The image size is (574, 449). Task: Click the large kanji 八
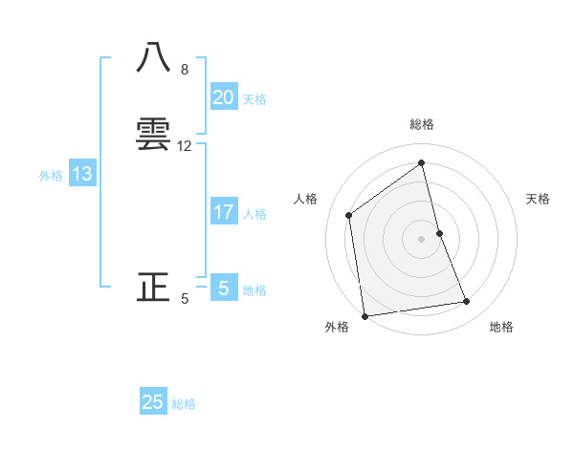click(x=154, y=60)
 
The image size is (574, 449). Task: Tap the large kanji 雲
click(x=154, y=135)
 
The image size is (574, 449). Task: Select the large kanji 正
click(x=154, y=287)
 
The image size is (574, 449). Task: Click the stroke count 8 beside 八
click(x=185, y=70)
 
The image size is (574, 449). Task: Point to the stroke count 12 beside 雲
click(x=185, y=146)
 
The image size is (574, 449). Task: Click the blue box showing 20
click(x=223, y=97)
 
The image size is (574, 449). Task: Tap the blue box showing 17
click(x=223, y=212)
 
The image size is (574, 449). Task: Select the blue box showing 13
click(x=82, y=174)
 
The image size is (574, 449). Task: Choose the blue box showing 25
click(x=153, y=402)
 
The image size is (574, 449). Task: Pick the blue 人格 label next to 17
click(x=254, y=214)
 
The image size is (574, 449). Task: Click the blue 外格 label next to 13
click(x=51, y=176)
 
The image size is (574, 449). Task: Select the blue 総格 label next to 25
click(x=184, y=404)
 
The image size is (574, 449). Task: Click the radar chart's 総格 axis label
click(x=422, y=124)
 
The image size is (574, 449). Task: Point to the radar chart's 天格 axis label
click(x=539, y=199)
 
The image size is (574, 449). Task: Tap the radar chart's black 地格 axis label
click(x=501, y=327)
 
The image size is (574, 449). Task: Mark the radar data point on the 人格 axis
click(x=349, y=215)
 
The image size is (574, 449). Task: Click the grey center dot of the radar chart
click(x=422, y=238)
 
